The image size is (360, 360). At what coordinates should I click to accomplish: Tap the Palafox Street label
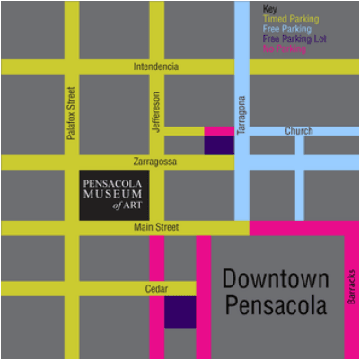pyautogui.click(x=71, y=112)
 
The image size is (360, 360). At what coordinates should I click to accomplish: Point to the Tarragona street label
pyautogui.click(x=241, y=115)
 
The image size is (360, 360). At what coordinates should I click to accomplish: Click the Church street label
pyautogui.click(x=299, y=132)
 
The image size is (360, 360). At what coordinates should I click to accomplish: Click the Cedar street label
pyautogui.click(x=156, y=289)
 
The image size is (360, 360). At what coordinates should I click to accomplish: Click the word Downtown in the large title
pyautogui.click(x=276, y=278)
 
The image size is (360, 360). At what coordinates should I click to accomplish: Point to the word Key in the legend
pyautogui.click(x=269, y=9)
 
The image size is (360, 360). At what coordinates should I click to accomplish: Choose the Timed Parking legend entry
pyautogui.click(x=290, y=19)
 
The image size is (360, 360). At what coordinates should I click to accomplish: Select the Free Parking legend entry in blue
pyautogui.click(x=286, y=29)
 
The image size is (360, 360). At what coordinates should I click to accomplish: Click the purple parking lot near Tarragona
pyautogui.click(x=219, y=145)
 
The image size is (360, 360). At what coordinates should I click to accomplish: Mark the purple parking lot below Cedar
pyautogui.click(x=180, y=312)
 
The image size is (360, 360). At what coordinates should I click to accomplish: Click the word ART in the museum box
pyautogui.click(x=133, y=205)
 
